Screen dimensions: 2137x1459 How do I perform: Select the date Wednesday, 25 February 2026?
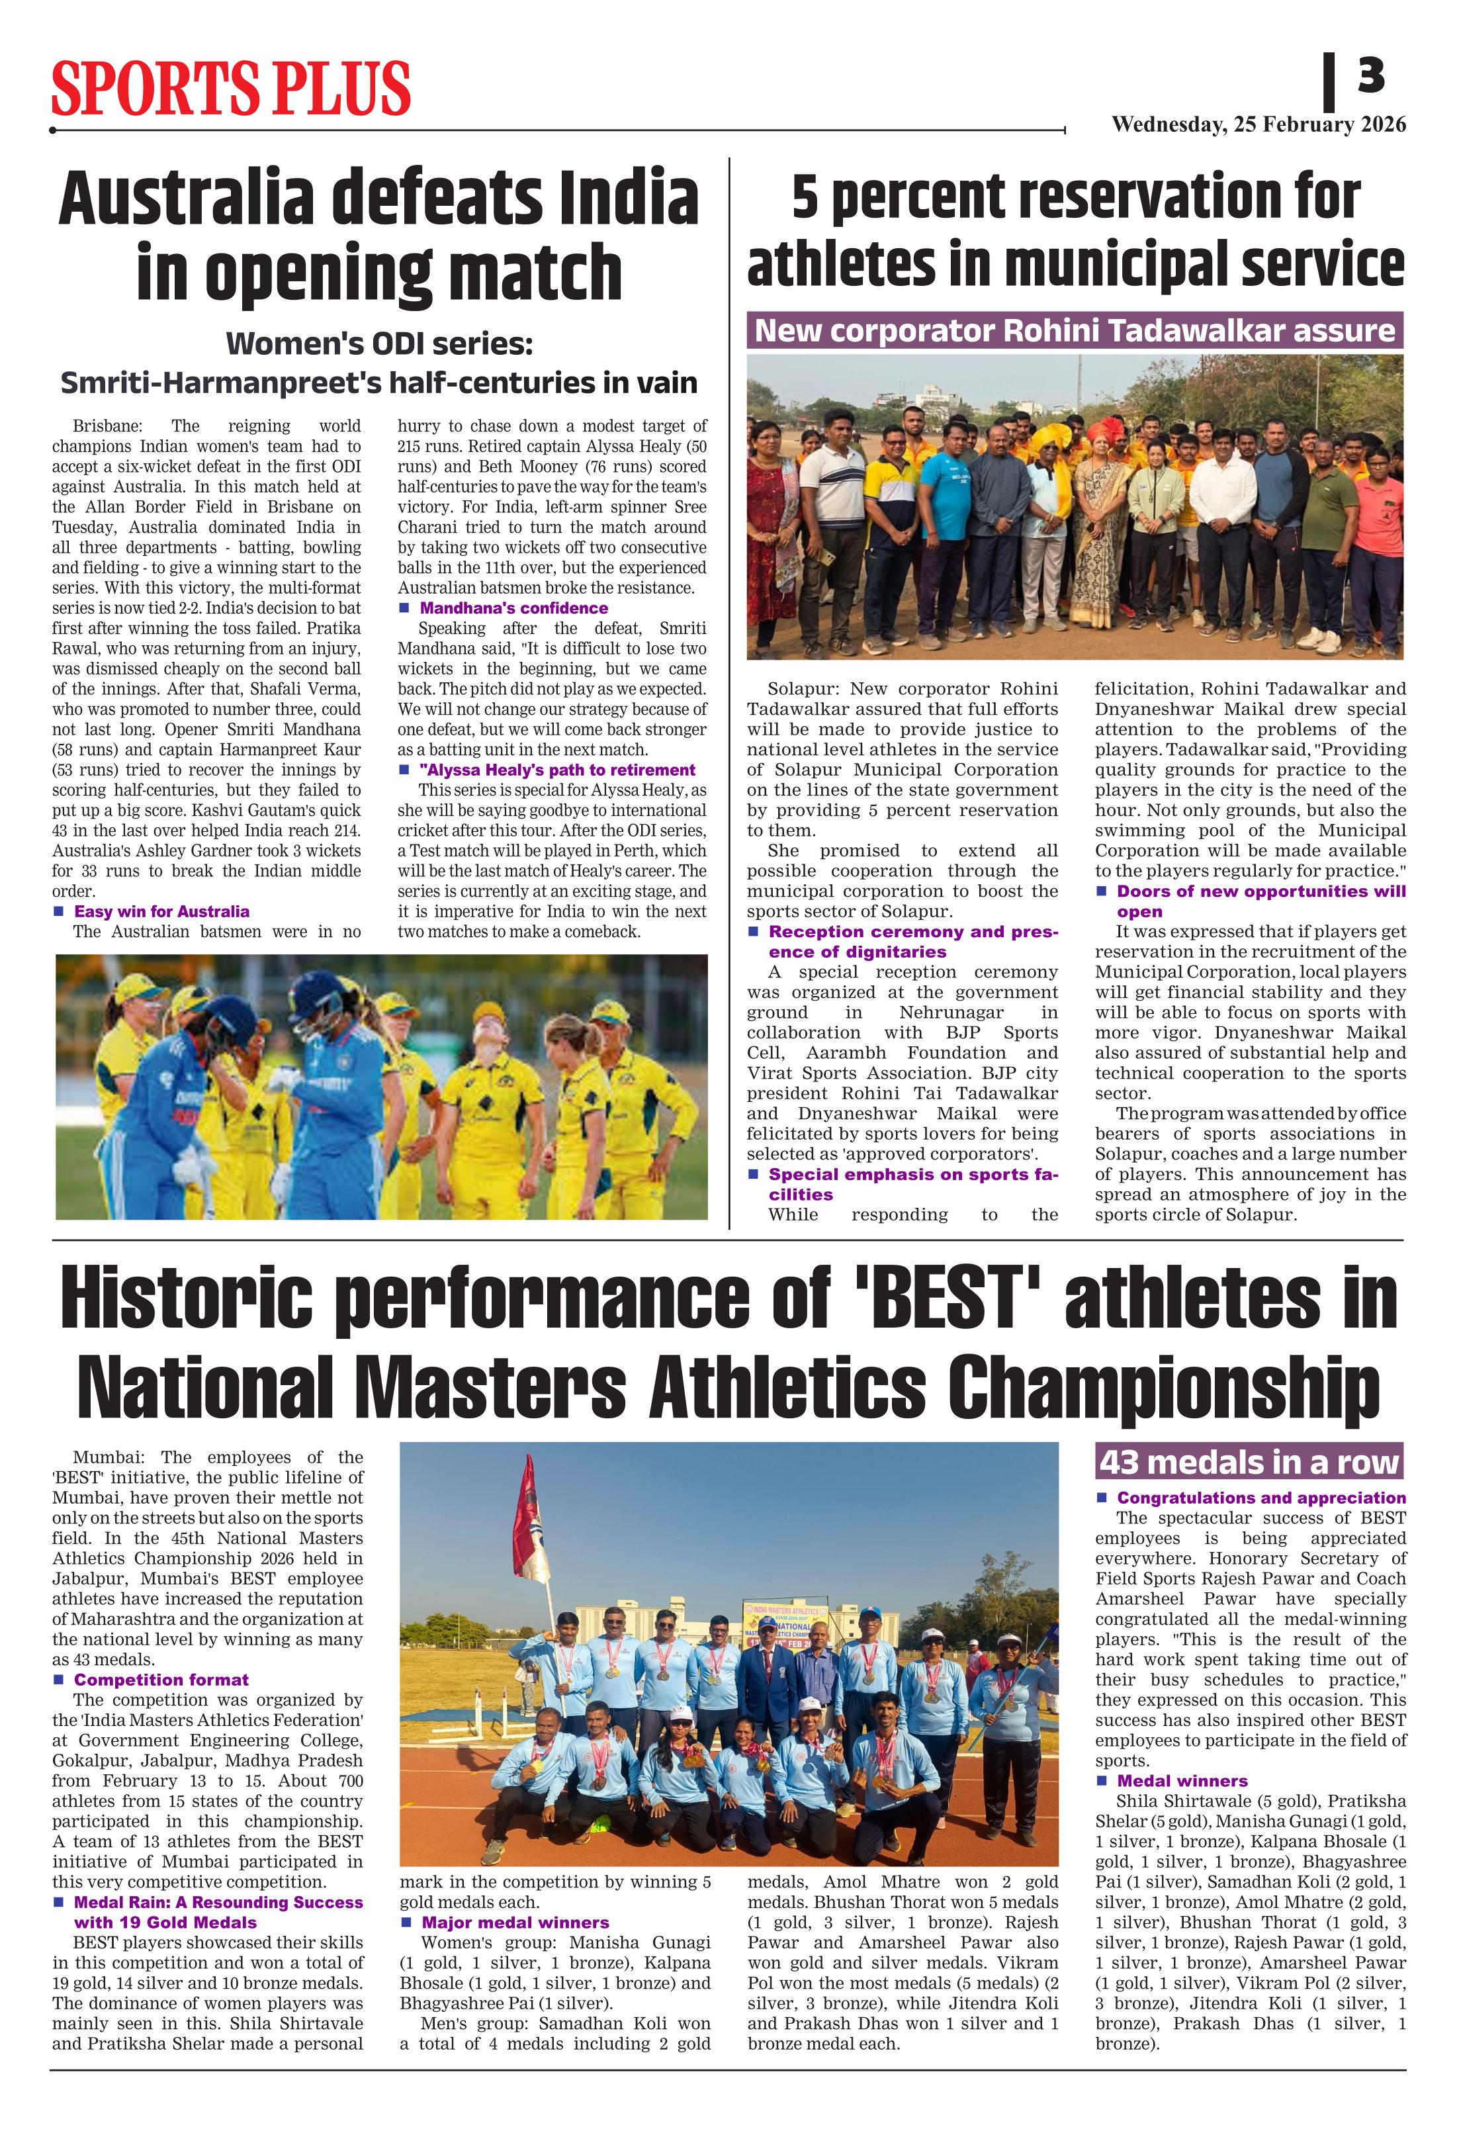(1258, 125)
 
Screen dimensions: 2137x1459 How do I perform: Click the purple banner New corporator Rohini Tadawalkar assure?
(1074, 330)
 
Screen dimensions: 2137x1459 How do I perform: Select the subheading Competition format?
(161, 1680)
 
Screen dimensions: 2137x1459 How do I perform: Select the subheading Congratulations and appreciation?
(1260, 1498)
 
